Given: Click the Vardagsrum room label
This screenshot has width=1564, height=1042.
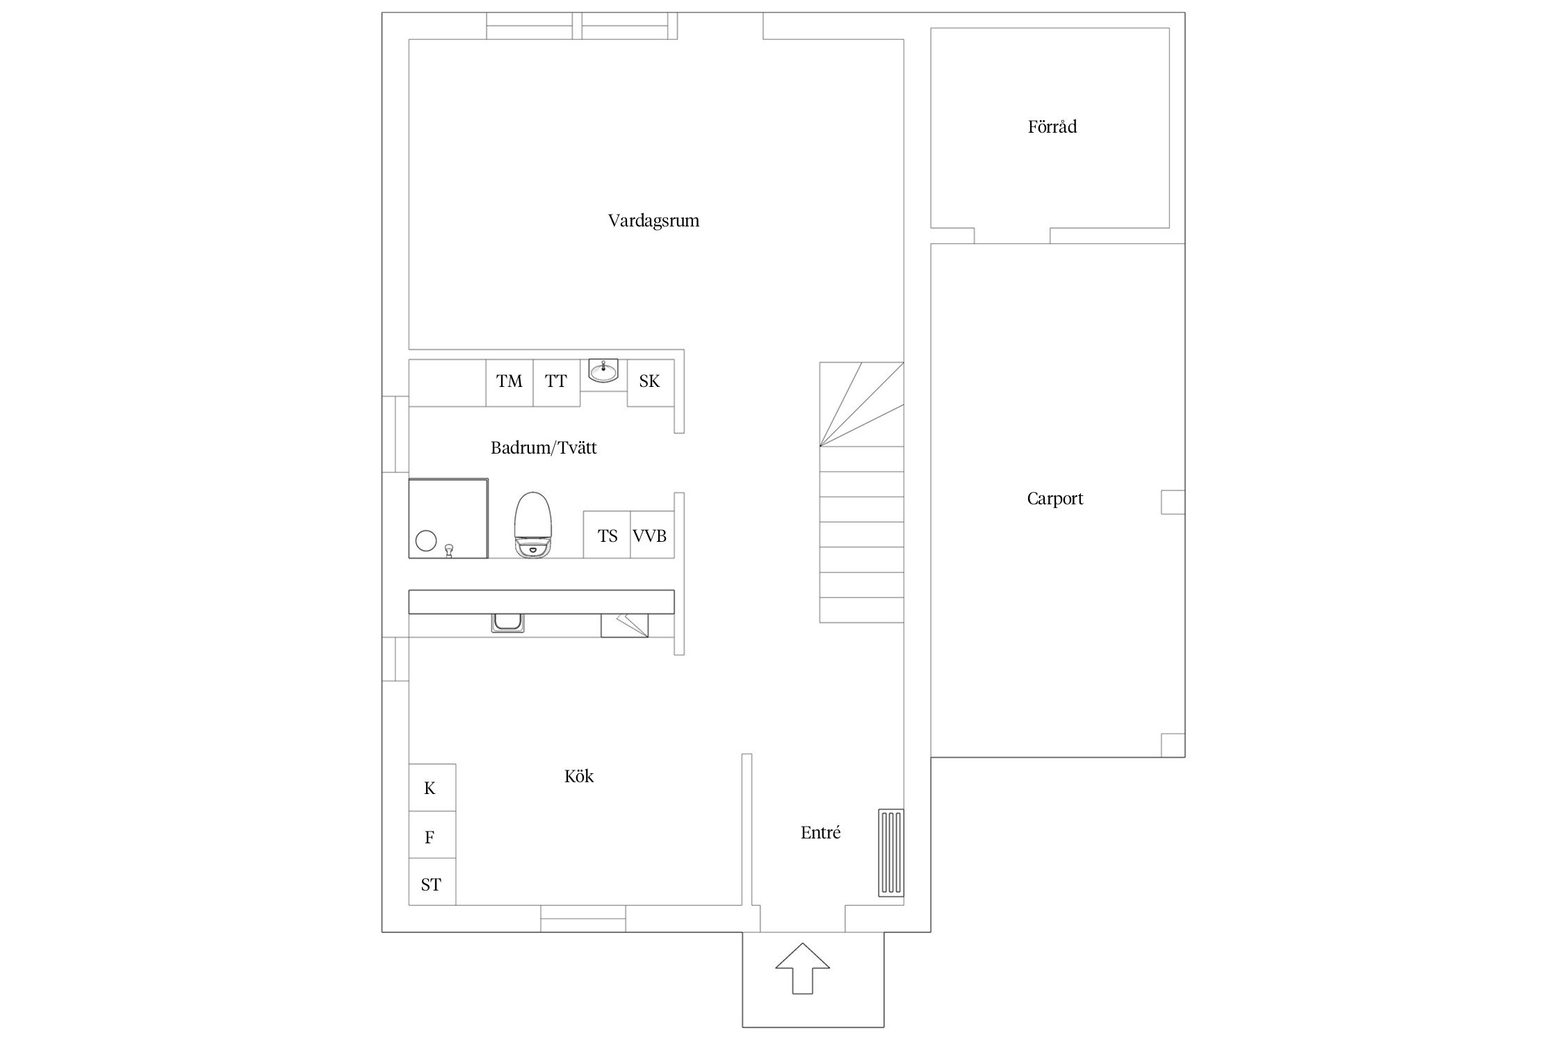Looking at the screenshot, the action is (x=653, y=221).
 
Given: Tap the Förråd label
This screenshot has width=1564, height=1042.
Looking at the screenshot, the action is (x=1052, y=126).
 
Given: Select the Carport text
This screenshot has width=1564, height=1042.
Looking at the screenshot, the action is (x=1054, y=499).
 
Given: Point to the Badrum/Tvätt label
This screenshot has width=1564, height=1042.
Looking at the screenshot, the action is (x=544, y=448).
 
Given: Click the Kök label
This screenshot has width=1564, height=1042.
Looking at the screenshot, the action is (x=579, y=776).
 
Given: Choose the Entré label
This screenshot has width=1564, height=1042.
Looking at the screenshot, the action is (x=820, y=832).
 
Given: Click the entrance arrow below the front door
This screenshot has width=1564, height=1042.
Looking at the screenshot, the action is (x=802, y=968).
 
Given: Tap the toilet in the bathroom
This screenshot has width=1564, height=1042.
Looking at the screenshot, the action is (x=533, y=525).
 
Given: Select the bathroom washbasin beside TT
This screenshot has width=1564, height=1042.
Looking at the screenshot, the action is (x=603, y=371).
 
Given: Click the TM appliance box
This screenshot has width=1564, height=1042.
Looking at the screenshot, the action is (x=510, y=383).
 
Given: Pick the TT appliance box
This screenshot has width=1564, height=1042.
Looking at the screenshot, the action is (x=556, y=383).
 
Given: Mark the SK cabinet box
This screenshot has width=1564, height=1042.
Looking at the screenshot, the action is (x=651, y=383).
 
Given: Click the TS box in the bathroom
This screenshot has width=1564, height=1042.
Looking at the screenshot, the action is (x=607, y=535).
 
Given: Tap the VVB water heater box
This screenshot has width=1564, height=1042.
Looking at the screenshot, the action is (x=652, y=535).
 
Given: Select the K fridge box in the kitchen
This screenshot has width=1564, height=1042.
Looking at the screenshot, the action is (x=432, y=788).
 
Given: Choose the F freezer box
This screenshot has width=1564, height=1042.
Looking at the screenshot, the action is (x=432, y=835).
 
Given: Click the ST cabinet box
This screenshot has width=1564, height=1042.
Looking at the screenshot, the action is (x=432, y=882).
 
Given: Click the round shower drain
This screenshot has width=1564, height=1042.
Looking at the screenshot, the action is (x=425, y=540).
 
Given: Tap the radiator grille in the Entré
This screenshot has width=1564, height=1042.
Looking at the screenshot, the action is (x=891, y=853).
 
